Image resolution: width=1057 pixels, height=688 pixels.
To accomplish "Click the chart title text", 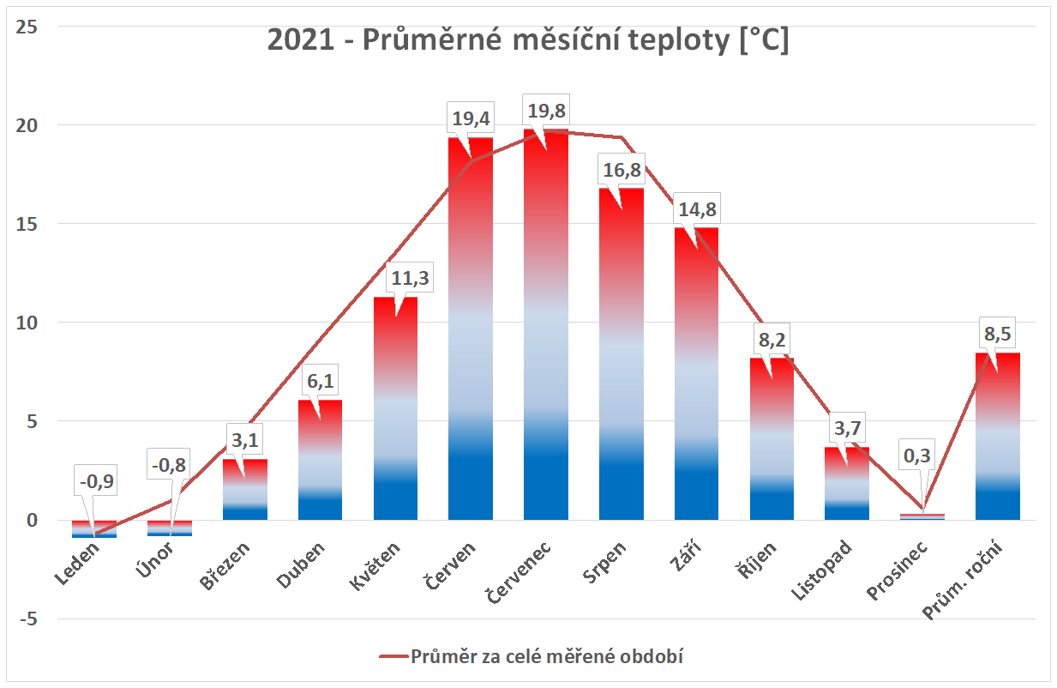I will coord(528,40).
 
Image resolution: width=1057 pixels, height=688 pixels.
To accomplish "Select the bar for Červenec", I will coord(546,343).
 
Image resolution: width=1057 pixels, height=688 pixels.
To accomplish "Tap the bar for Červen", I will coord(471,343).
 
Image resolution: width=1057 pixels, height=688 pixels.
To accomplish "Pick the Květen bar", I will coord(395,412).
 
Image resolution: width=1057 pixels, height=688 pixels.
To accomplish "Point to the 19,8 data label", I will coord(546,112).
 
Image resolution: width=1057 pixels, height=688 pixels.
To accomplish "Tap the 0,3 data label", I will coord(923,456).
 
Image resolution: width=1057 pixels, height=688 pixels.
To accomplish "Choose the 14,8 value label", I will coord(697,211).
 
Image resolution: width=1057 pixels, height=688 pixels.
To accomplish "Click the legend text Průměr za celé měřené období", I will coord(550,657).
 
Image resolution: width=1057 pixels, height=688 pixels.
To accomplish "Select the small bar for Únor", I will coord(170,528).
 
